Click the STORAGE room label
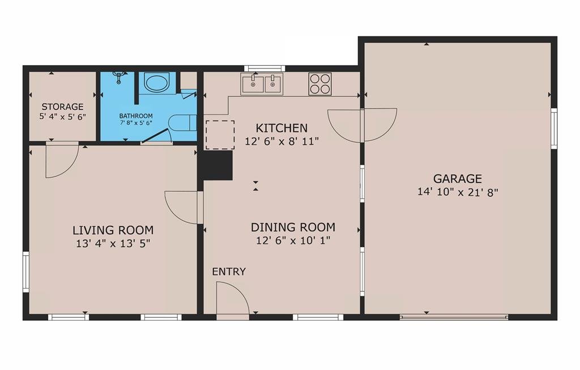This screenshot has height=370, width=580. click(x=62, y=107)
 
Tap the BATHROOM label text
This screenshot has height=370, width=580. click(x=136, y=115)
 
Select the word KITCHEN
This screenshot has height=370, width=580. click(x=282, y=128)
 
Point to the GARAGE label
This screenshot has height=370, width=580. click(x=458, y=179)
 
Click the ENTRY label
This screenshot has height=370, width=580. click(x=229, y=272)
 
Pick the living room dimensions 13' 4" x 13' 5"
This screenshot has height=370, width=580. click(x=113, y=244)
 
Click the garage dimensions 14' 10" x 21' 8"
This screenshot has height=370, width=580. click(x=458, y=192)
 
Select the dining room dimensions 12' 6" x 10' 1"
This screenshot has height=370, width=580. click(x=293, y=240)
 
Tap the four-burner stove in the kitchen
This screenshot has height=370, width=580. click(x=320, y=84)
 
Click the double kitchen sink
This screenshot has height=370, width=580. click(x=262, y=84)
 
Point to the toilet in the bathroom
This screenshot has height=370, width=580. click(x=182, y=123)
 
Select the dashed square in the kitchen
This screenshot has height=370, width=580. click(x=220, y=135)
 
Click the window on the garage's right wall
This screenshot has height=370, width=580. click(x=554, y=128)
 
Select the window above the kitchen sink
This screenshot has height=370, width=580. click(x=265, y=68)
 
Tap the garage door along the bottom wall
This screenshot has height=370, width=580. click(x=454, y=317)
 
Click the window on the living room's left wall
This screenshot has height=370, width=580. click(x=26, y=272)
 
